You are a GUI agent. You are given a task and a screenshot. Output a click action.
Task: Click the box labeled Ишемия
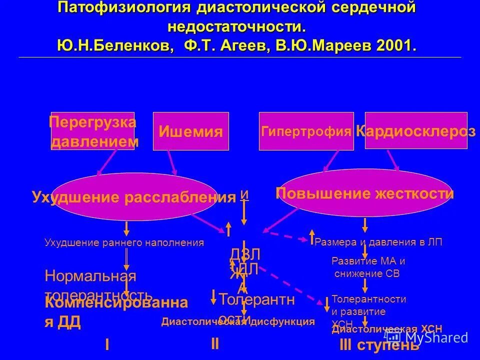tap(190, 131)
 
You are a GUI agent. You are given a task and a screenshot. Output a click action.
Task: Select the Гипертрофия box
tap(306, 131)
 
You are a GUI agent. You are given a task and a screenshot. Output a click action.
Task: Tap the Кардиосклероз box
tap(416, 131)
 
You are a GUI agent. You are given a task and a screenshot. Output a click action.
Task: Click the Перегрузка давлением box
tap(93, 131)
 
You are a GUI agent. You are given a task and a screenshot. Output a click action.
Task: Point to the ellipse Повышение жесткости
tap(364, 193)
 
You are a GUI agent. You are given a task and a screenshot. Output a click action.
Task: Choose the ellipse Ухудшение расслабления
tap(133, 197)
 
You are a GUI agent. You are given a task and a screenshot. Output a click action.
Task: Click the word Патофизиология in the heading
tap(123, 7)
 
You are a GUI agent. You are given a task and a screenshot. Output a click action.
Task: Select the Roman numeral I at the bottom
tap(107, 344)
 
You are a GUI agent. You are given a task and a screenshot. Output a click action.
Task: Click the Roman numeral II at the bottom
tap(214, 343)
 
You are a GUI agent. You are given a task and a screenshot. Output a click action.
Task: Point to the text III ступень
tap(379, 345)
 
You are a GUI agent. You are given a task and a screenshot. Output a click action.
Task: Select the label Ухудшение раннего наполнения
tap(124, 243)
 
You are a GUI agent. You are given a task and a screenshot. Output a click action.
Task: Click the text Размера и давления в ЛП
tap(379, 242)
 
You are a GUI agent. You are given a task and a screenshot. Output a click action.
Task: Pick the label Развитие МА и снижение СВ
tap(368, 267)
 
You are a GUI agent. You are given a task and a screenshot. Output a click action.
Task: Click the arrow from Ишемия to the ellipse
tap(171, 162)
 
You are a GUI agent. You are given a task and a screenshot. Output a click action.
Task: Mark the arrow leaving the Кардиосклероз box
tap(393, 161)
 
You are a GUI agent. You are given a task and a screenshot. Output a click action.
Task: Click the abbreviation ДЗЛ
tap(245, 254)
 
